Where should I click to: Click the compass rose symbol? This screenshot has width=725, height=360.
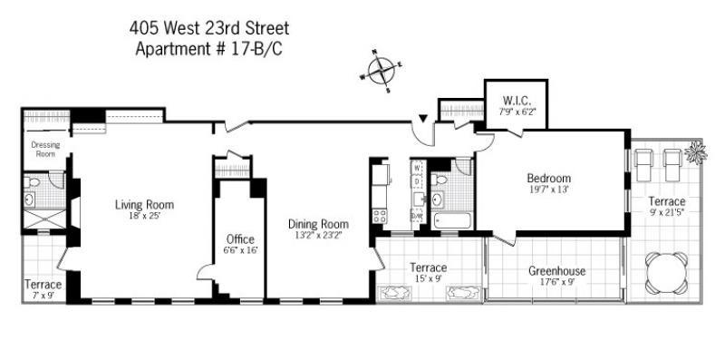[x=382, y=70]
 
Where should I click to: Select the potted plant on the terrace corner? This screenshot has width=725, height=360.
[x=696, y=152]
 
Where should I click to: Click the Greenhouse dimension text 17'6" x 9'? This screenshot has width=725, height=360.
[x=557, y=284]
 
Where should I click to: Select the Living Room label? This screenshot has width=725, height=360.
[x=144, y=204]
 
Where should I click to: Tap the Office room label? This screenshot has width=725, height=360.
[x=240, y=238]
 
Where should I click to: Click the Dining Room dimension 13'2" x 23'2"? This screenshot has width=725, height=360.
[x=318, y=236]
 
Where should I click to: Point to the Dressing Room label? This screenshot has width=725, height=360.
[x=44, y=149]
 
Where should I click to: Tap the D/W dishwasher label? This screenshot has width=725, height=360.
[x=417, y=216]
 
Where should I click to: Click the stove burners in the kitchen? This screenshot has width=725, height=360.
[x=380, y=216]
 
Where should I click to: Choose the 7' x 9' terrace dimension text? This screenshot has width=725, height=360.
[x=43, y=296]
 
